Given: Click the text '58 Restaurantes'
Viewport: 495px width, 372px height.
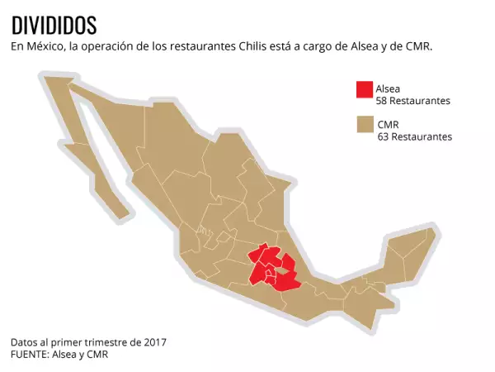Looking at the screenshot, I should tap(412, 101).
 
